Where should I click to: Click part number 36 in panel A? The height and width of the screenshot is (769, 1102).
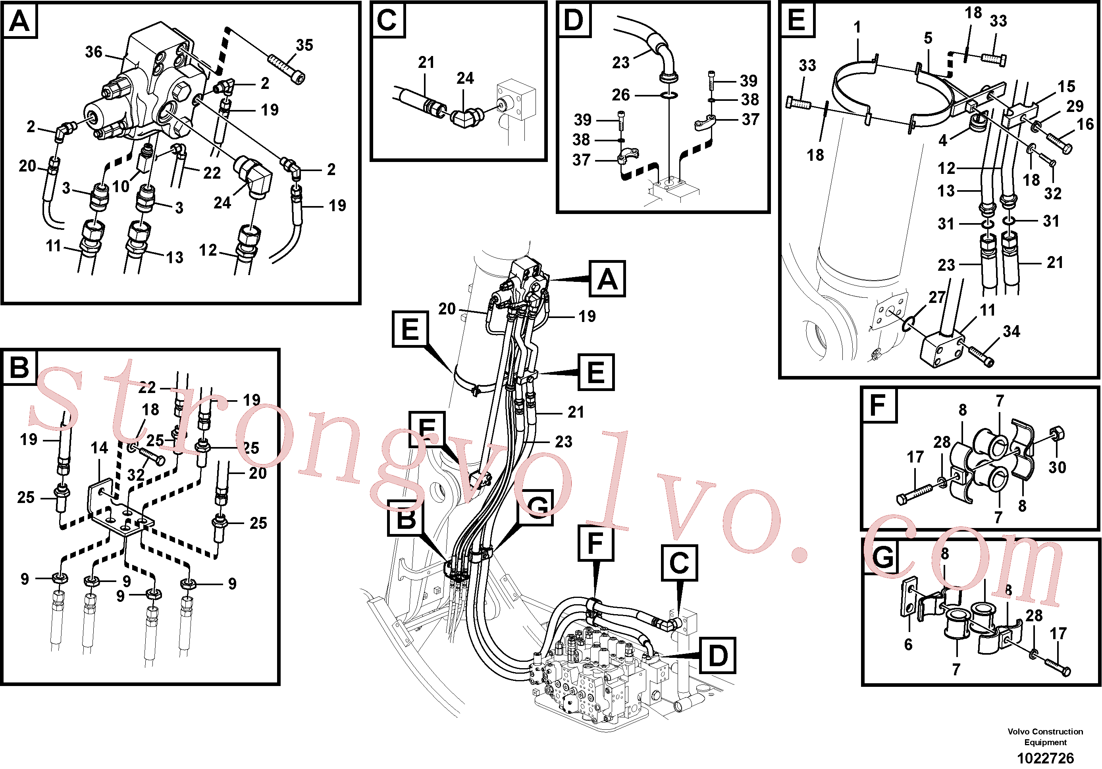pos(94,52)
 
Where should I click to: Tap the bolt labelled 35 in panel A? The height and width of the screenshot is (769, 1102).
pos(287,69)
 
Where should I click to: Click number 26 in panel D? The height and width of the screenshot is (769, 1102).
pos(620,94)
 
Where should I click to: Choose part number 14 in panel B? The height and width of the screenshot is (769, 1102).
pos(99,448)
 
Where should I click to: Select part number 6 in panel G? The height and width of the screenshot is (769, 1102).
pos(908,644)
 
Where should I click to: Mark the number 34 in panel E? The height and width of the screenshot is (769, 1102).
pos(1011,331)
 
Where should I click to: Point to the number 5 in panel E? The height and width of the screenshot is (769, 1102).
pos(928,38)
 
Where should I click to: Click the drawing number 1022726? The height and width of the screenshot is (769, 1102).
pos(1045,758)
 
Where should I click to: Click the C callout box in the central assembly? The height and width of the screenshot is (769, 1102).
pos(680,563)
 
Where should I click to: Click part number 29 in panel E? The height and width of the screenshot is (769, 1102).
pos(1075,106)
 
